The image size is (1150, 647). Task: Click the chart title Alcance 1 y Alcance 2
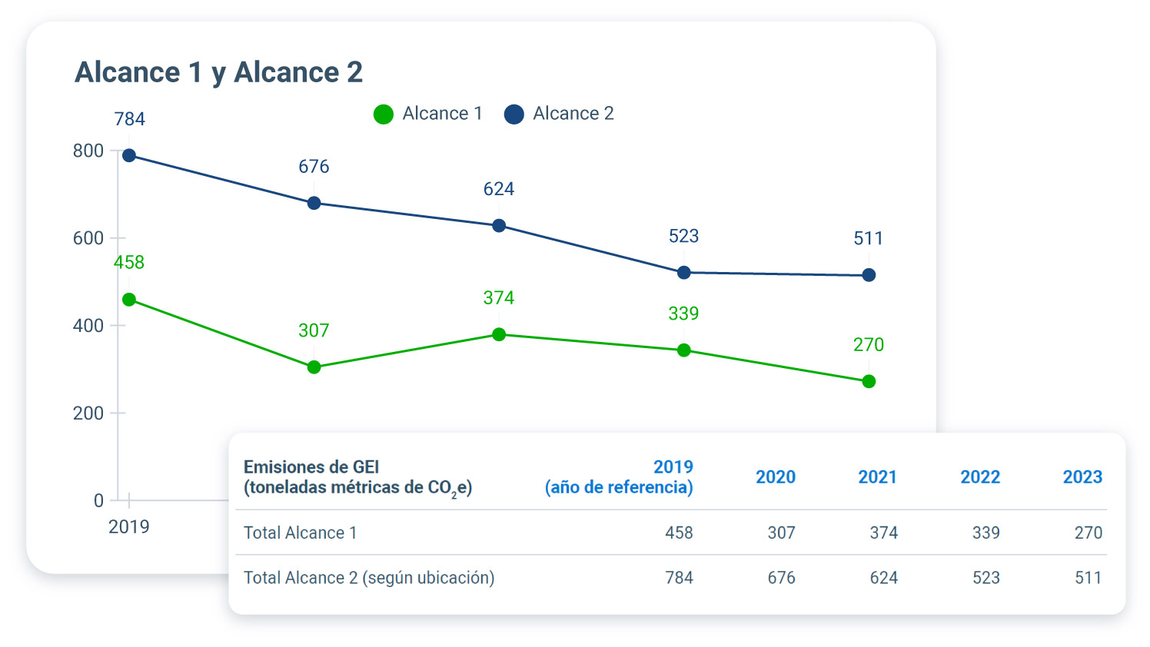point(218,72)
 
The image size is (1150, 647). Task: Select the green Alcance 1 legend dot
point(383,114)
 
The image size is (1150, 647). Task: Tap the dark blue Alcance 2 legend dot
point(514,114)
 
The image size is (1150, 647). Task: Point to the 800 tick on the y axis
point(88,151)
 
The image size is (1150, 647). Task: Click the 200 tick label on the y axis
point(88,413)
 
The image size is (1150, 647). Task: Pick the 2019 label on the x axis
point(129,526)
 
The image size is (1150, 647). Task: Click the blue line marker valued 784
point(129,156)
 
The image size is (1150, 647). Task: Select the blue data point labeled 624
point(499,226)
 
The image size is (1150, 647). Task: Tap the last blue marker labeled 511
point(869,275)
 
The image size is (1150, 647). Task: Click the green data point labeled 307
point(314,367)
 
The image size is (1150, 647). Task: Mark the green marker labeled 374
point(499,334)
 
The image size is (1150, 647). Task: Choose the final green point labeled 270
point(869,381)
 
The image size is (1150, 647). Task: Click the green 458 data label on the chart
point(129,263)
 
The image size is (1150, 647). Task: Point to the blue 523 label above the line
point(683,236)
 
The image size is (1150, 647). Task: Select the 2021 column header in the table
point(877,477)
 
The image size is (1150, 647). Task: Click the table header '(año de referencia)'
point(619,487)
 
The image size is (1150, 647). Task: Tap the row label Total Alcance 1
point(300,533)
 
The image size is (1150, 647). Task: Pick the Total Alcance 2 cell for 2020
point(781,578)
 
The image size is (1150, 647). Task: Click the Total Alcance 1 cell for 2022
point(985,533)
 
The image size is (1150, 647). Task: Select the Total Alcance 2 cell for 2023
point(1088,578)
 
